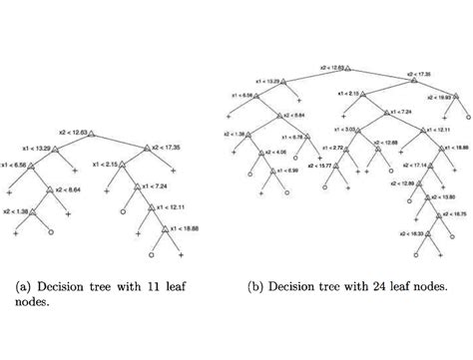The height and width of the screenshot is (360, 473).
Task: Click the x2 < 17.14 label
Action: click(402, 165)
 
